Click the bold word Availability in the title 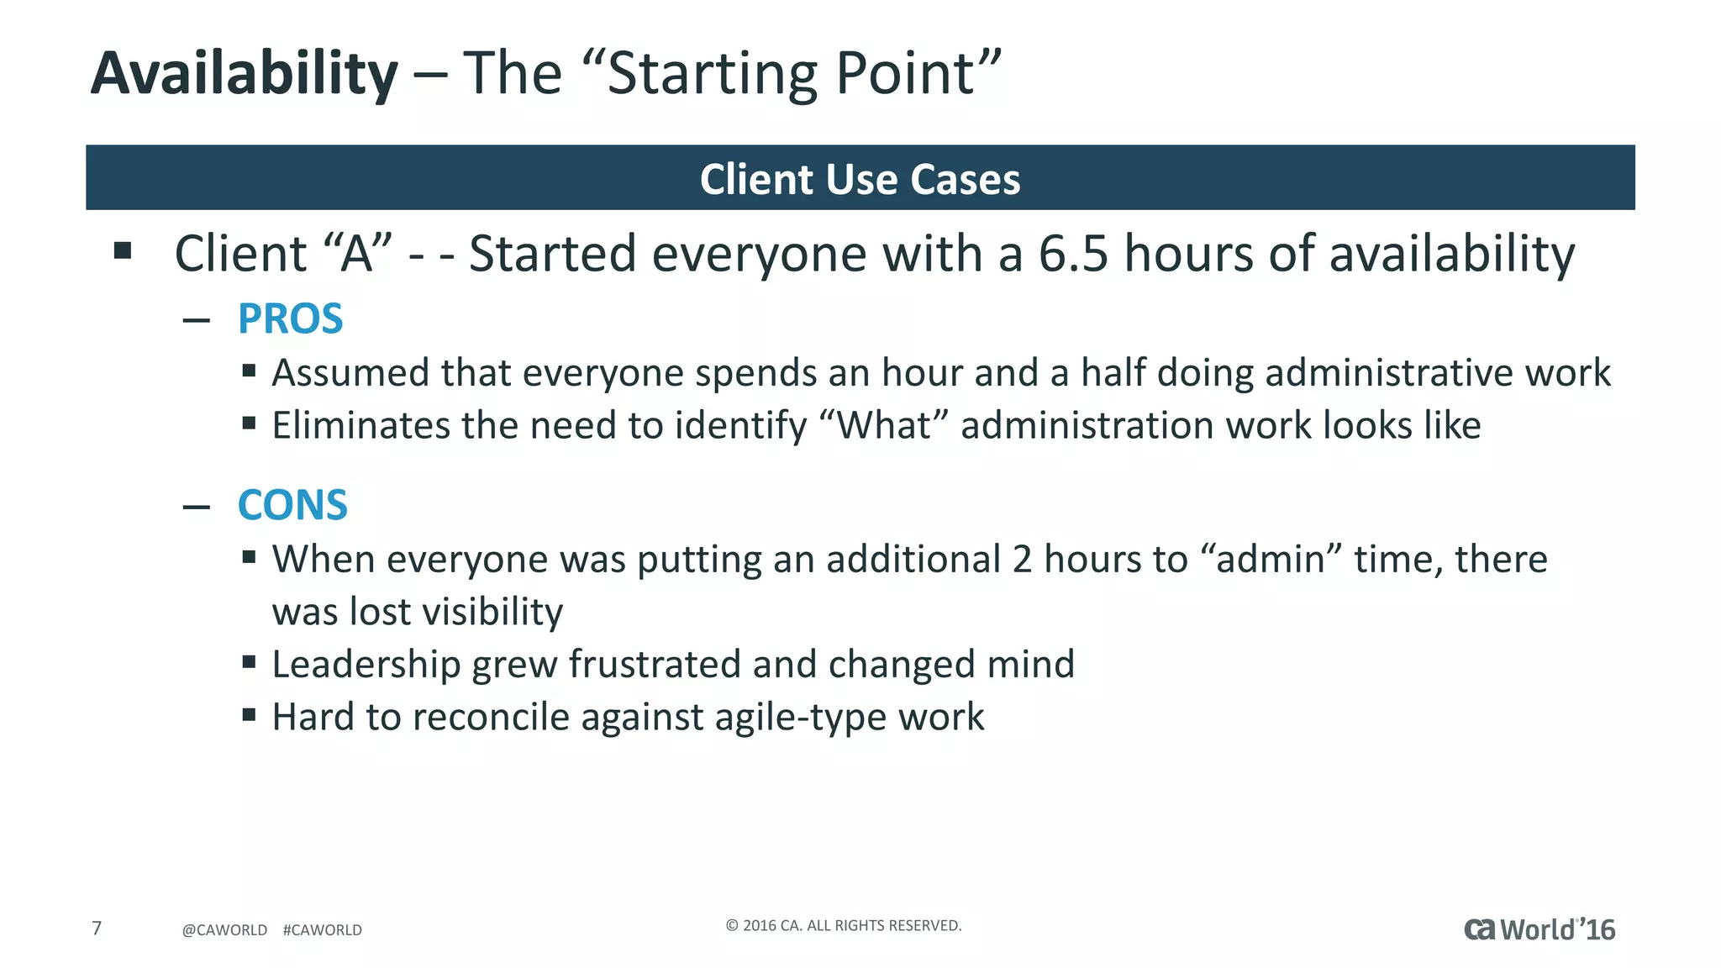[244, 74]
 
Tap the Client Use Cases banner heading [860, 179]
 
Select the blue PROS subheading [290, 319]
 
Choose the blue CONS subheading [292, 506]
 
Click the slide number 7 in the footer [97, 929]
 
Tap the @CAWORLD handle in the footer [224, 930]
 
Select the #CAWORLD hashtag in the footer [323, 930]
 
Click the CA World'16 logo [1539, 929]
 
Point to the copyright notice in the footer [843, 925]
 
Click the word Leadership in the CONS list [366, 665]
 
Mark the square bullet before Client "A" [123, 250]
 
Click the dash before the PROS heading [196, 320]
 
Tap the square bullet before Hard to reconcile [249, 715]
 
